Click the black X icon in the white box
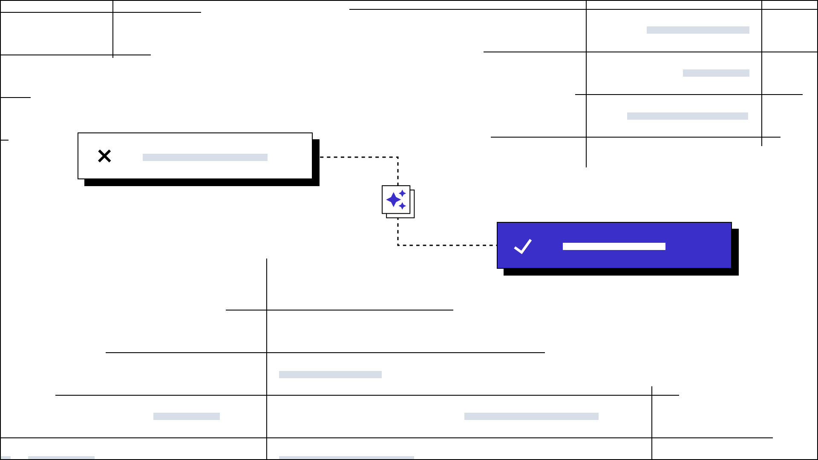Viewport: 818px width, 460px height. click(104, 156)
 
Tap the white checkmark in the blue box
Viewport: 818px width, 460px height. click(523, 246)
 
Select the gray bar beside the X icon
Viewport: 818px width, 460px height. click(205, 157)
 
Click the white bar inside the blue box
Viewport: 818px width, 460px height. click(613, 246)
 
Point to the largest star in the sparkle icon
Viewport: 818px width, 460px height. click(393, 199)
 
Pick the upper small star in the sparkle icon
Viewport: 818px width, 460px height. click(402, 193)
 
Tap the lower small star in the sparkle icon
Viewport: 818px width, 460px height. click(402, 206)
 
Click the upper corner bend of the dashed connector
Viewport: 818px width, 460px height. click(398, 157)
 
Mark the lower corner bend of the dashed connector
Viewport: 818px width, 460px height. click(398, 245)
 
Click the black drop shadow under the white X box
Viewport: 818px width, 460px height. click(202, 183)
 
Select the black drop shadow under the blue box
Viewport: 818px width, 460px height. click(621, 272)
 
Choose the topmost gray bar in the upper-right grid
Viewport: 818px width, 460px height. click(698, 30)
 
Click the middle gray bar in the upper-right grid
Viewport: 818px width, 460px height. click(716, 73)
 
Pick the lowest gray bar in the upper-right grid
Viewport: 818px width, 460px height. click(687, 116)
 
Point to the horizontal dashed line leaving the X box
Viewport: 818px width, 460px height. click(358, 157)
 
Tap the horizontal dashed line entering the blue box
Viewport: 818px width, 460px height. click(447, 245)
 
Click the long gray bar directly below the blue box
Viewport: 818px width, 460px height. click(531, 416)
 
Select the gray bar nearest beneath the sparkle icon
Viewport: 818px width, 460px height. click(330, 374)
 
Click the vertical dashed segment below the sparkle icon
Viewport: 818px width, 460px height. click(398, 232)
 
